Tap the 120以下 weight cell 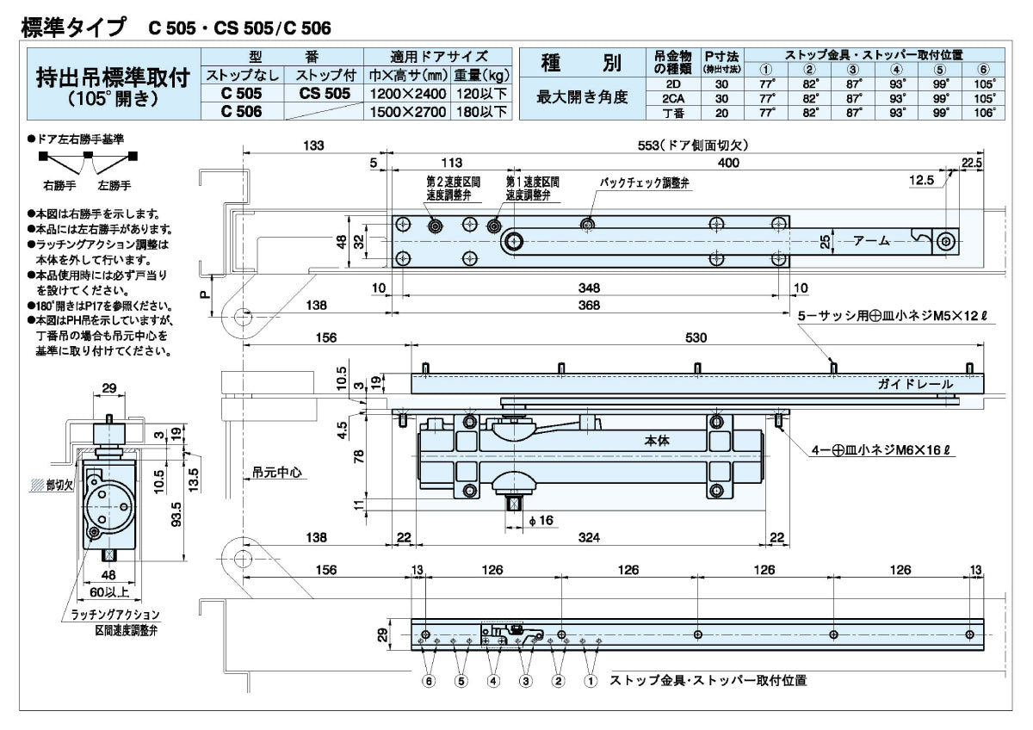coord(480,93)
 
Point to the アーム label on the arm coord(871,242)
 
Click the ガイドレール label coord(915,384)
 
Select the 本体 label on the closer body coord(657,440)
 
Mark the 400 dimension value coord(728,163)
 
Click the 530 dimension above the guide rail coord(696,339)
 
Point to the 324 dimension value coord(589,538)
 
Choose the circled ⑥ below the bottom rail coord(428,681)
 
